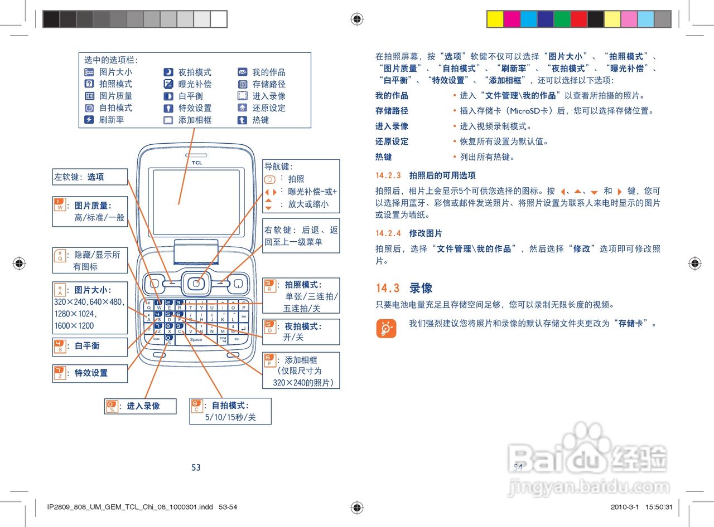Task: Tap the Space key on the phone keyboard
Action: point(196,339)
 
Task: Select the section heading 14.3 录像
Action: point(404,288)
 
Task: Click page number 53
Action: point(196,467)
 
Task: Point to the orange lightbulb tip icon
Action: point(386,329)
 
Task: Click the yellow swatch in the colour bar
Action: point(495,19)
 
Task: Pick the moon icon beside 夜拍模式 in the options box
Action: point(168,72)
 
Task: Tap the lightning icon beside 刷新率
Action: point(89,120)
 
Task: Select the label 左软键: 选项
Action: point(79,177)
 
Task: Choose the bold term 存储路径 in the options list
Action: point(392,111)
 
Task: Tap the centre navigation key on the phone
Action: point(196,284)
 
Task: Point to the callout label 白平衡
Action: point(86,346)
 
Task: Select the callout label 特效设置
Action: point(91,373)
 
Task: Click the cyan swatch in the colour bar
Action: point(528,19)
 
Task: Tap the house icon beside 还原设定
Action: point(242,108)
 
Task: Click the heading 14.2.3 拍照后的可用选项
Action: point(426,175)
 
